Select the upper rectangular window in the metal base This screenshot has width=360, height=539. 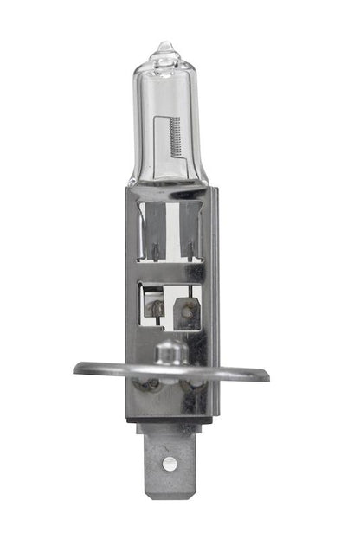[x=170, y=229]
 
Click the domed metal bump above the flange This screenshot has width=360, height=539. [x=170, y=351]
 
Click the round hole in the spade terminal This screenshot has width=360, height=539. [x=170, y=464]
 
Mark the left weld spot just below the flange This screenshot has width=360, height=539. [x=150, y=382]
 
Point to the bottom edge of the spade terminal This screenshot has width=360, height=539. [x=170, y=497]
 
